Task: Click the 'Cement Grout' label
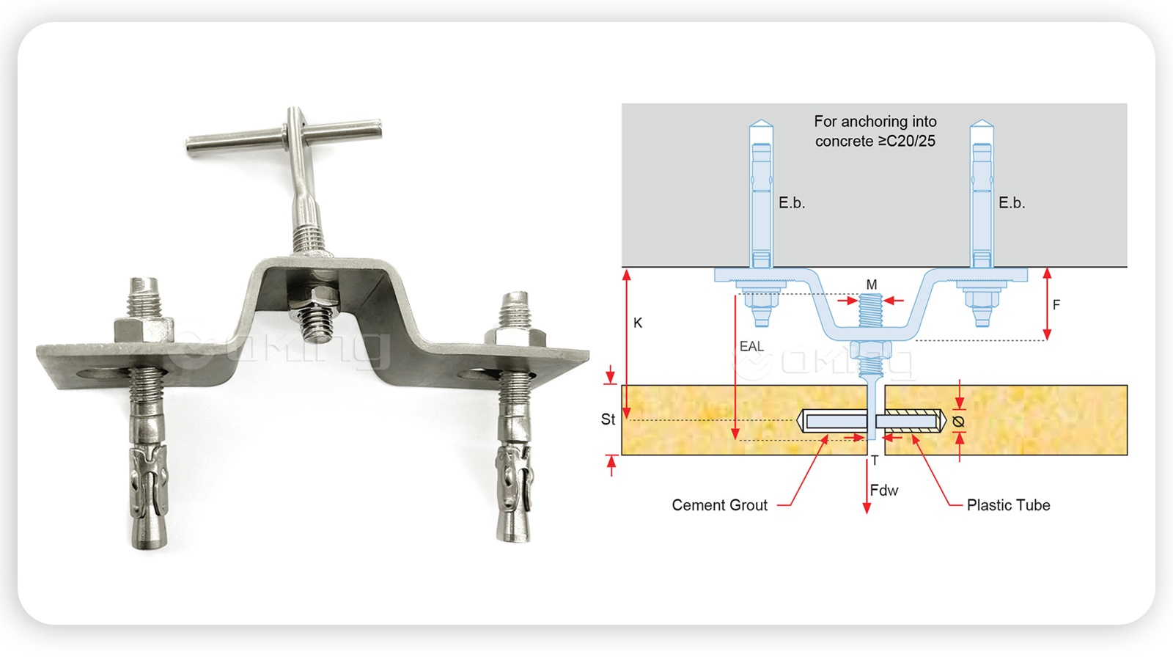point(719,505)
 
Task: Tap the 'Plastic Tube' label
point(1008,505)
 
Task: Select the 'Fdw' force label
point(884,491)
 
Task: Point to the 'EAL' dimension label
point(751,346)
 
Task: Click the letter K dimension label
point(637,323)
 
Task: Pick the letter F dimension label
point(1056,304)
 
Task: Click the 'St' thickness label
point(608,419)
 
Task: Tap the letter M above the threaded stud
point(872,285)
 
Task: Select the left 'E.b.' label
point(792,203)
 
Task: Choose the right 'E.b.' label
point(1012,203)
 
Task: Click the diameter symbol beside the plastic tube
point(958,421)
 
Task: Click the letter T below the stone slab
point(875,460)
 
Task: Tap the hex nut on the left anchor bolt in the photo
point(144,330)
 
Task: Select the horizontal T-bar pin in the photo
point(283,136)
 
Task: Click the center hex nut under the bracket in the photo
point(314,304)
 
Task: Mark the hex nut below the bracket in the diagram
point(871,350)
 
